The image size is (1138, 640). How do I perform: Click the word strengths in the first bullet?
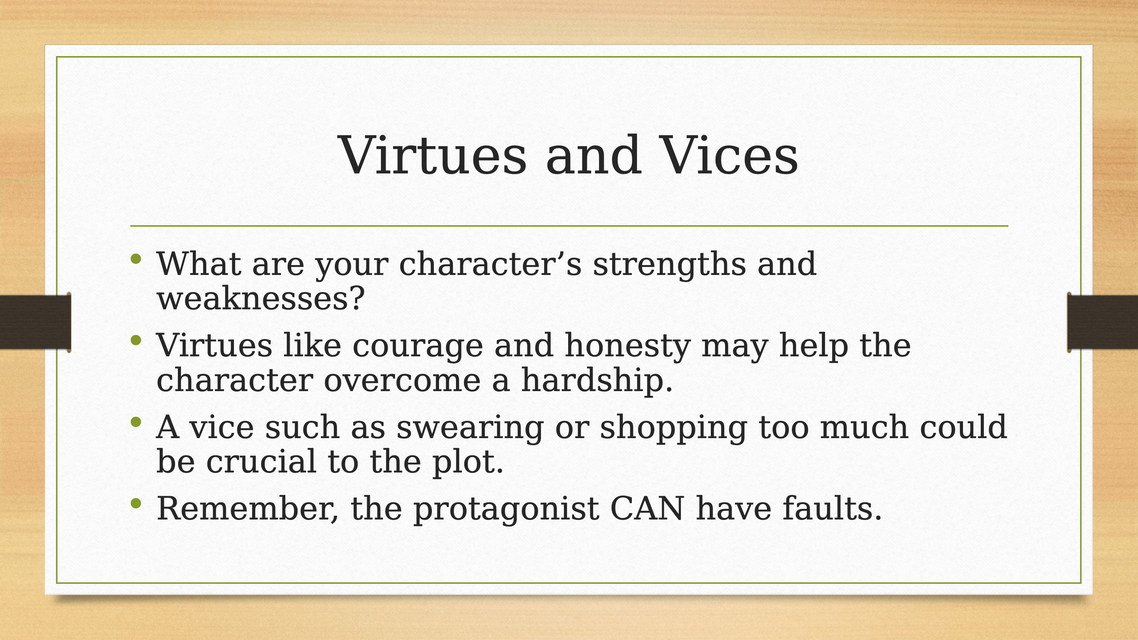(669, 264)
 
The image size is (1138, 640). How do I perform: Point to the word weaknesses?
(261, 298)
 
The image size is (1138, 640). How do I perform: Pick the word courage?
(418, 346)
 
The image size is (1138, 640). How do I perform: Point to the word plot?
(468, 462)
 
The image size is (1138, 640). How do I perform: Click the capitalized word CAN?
(647, 508)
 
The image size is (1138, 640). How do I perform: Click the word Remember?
(247, 509)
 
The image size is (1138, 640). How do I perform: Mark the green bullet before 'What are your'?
(136, 259)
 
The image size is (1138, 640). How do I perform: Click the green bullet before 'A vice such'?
(136, 422)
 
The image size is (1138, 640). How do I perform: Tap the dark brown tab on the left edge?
(35, 322)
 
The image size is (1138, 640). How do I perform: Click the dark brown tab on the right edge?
(1102, 322)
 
